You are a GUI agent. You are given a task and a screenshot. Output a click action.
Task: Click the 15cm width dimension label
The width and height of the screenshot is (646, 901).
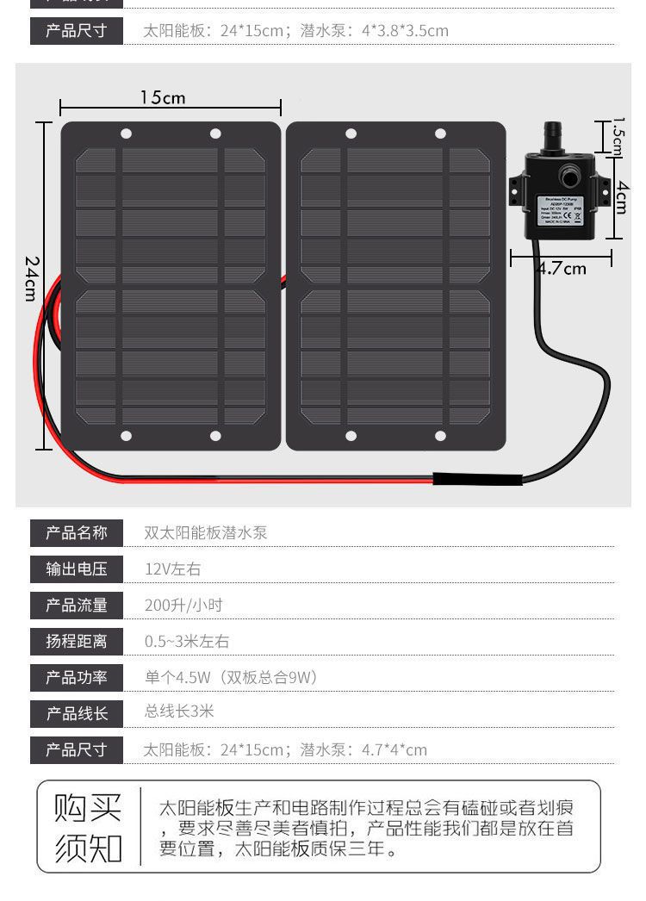click(163, 97)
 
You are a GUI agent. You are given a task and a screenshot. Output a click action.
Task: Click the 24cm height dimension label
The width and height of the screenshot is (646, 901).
click(31, 277)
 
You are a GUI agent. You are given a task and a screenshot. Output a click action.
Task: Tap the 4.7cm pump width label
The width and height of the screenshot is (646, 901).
click(562, 268)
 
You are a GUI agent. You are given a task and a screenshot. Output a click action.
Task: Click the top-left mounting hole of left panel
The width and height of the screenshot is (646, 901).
click(126, 134)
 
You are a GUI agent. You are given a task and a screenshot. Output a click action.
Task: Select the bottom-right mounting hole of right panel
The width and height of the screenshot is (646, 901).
click(440, 436)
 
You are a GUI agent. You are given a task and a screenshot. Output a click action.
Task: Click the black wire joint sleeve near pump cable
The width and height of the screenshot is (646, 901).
click(476, 480)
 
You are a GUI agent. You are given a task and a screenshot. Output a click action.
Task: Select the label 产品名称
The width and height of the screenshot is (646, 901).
click(77, 532)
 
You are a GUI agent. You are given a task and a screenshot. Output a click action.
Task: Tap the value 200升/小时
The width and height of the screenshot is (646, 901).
click(183, 605)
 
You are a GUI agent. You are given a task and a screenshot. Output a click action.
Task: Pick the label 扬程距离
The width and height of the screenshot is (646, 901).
click(77, 641)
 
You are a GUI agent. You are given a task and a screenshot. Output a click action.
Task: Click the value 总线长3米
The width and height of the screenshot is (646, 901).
click(179, 711)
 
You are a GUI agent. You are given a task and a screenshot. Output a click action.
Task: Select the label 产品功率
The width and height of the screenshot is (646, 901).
click(77, 677)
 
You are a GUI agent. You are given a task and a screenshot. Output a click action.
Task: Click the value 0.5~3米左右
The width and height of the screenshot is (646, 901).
click(187, 641)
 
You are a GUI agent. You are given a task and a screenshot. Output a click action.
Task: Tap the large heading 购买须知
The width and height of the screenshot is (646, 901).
click(88, 827)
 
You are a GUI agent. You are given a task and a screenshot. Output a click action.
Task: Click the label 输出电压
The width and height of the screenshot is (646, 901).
click(77, 569)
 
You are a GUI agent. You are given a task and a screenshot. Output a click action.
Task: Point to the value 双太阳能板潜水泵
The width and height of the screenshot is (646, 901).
click(206, 532)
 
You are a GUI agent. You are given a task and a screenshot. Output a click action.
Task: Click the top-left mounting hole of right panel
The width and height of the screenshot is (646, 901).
click(351, 134)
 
